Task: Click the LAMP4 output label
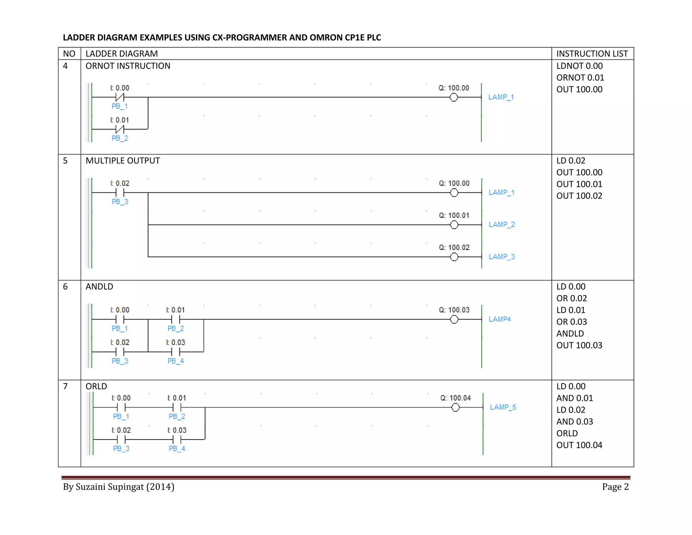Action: click(499, 319)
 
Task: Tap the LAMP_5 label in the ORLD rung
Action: click(503, 407)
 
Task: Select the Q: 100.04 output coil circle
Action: click(455, 408)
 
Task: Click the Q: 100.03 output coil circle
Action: click(454, 320)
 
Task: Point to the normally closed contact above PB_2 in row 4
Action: click(120, 129)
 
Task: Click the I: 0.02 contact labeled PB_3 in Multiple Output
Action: click(120, 193)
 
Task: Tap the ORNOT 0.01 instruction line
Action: click(580, 78)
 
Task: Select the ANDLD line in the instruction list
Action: click(570, 334)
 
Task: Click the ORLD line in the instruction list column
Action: click(567, 434)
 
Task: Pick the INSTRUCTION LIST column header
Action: click(592, 54)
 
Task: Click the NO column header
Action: click(69, 54)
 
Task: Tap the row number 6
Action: click(65, 287)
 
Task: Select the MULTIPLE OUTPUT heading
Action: click(123, 161)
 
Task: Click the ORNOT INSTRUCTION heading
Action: click(128, 66)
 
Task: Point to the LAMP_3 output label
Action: click(502, 257)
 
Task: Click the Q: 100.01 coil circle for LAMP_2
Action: click(454, 225)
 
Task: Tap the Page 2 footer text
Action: click(615, 487)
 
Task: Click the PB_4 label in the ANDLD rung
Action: click(176, 361)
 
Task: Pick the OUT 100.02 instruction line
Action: click(579, 196)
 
